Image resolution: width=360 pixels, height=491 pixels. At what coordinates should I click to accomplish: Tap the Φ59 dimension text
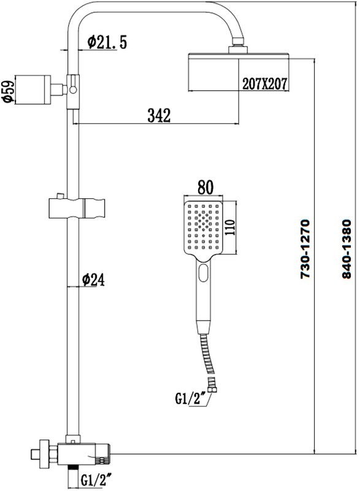7,90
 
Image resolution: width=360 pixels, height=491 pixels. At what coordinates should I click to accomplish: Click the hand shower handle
204,288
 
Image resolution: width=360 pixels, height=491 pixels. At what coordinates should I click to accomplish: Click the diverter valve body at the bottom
86,454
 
